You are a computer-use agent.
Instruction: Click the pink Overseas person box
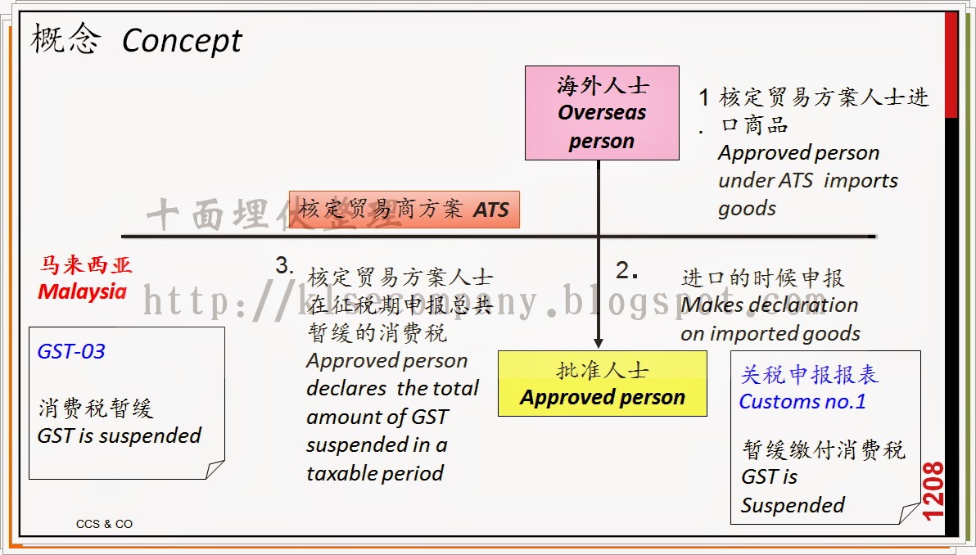tap(602, 112)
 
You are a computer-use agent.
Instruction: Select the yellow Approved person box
tap(602, 383)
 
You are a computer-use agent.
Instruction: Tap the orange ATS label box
tap(404, 210)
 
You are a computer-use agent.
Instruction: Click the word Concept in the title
tap(182, 41)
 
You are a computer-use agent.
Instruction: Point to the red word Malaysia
tap(82, 291)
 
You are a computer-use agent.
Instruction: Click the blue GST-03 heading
tap(71, 352)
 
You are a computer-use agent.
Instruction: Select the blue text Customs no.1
tap(802, 401)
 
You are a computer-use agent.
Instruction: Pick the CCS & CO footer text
tap(104, 524)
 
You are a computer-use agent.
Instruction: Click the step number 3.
tap(283, 266)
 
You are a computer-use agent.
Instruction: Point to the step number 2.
tap(626, 271)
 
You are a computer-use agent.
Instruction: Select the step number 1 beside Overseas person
tap(703, 98)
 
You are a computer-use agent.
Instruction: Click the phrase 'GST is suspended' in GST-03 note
tap(120, 435)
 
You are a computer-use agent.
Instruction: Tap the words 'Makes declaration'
tap(770, 305)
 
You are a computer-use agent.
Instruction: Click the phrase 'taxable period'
tap(375, 473)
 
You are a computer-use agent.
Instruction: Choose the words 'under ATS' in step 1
tap(766, 181)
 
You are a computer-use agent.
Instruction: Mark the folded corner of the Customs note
tap(910, 513)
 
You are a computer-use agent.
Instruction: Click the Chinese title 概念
tap(66, 39)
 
